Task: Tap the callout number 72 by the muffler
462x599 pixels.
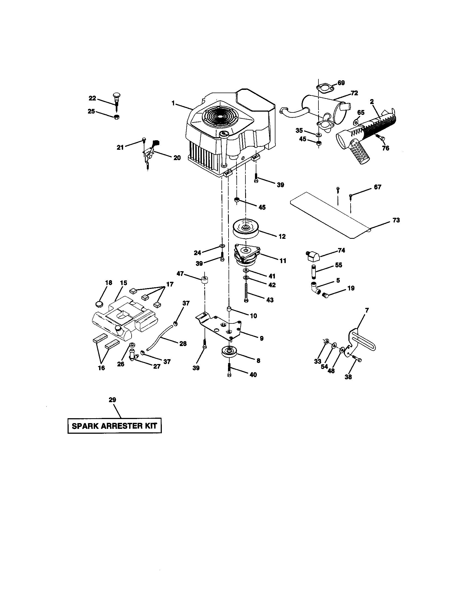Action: click(x=354, y=93)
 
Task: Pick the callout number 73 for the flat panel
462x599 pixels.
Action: click(x=396, y=220)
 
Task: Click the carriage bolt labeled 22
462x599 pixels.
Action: click(x=116, y=99)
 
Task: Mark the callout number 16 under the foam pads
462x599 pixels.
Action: click(x=101, y=368)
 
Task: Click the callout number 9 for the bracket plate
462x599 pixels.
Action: click(x=262, y=338)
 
